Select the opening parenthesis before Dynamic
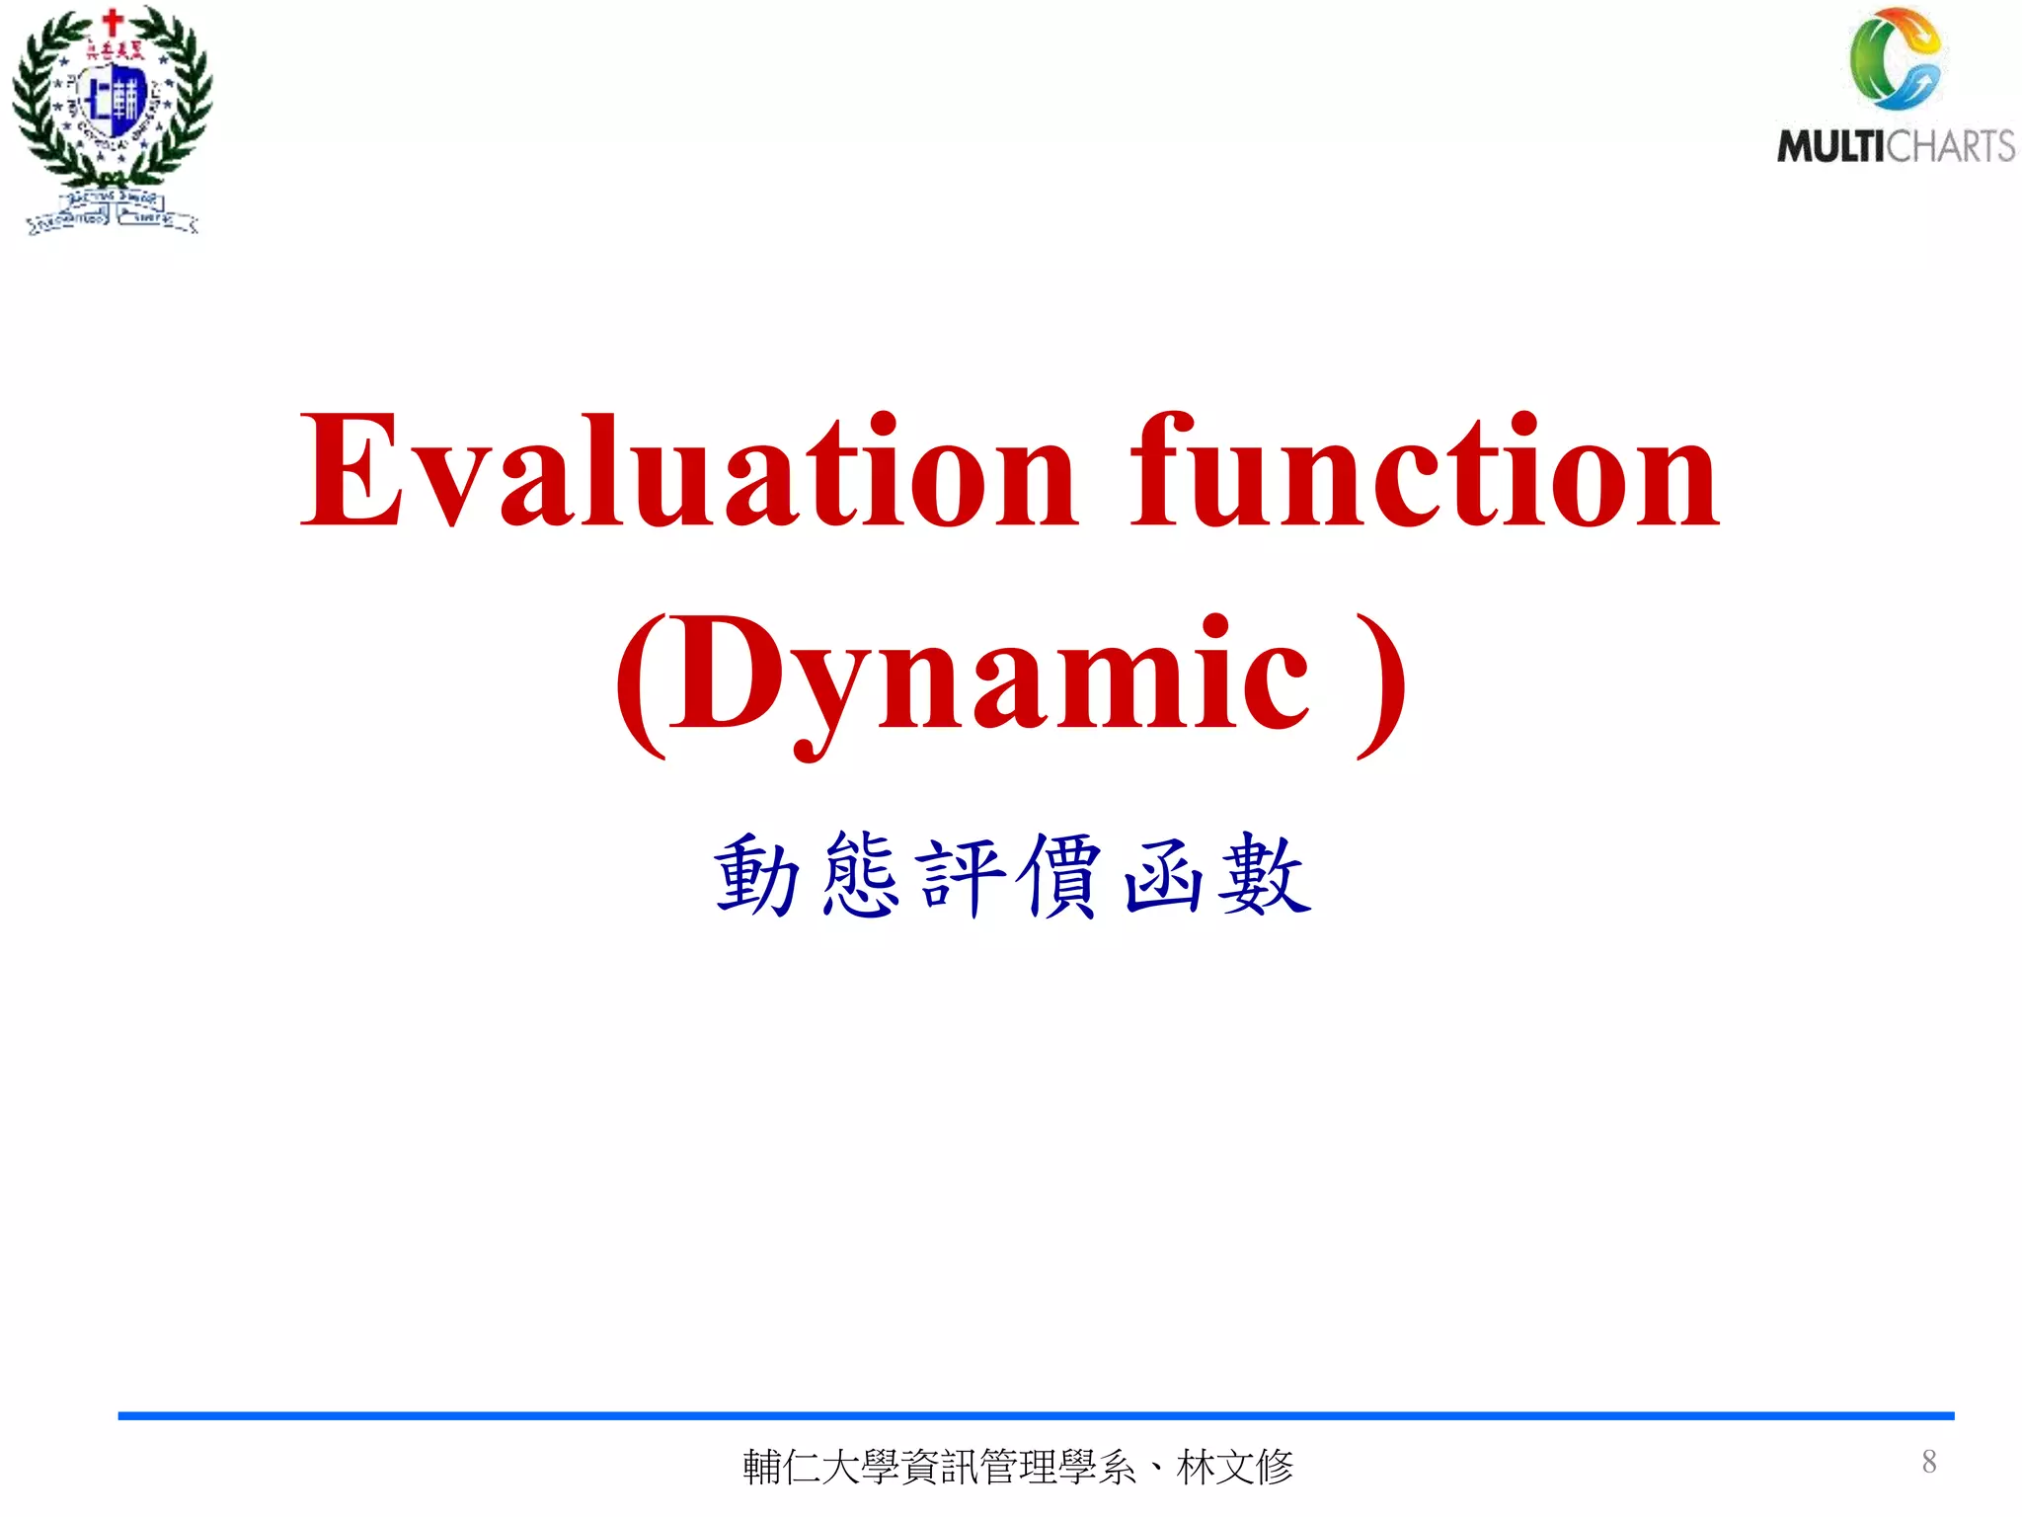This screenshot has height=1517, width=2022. click(640, 683)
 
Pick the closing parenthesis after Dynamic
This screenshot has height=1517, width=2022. click(1382, 683)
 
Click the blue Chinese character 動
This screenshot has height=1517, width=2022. click(756, 875)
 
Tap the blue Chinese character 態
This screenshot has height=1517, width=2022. click(860, 875)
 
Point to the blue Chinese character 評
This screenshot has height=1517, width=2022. click(962, 875)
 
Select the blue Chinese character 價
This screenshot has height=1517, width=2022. click(1062, 875)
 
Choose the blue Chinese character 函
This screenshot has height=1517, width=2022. click(1164, 875)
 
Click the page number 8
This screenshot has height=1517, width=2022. click(1928, 1461)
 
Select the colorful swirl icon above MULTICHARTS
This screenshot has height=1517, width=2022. click(1895, 59)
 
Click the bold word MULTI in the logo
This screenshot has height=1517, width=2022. click(1831, 147)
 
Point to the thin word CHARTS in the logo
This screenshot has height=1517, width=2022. click(1951, 147)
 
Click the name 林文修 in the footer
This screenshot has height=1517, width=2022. click(1235, 1467)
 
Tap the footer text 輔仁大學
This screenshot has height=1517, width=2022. click(820, 1467)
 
